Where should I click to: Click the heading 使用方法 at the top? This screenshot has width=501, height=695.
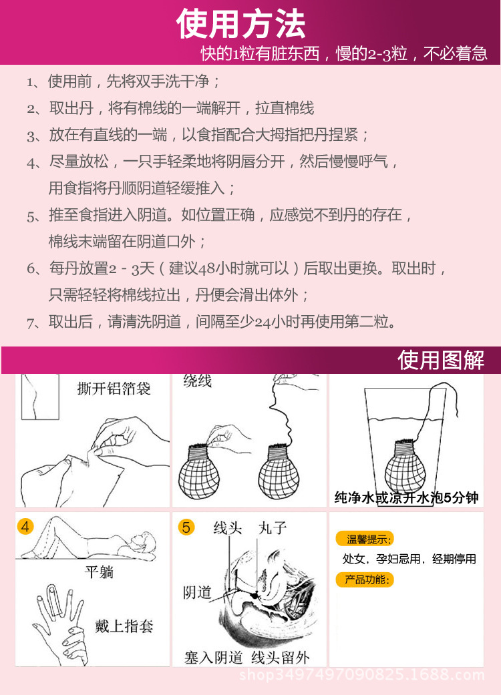click(x=242, y=24)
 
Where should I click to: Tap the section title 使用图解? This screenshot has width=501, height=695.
click(x=441, y=361)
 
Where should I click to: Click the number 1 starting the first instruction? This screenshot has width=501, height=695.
click(x=30, y=83)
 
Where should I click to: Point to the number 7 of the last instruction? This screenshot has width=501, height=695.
click(x=30, y=322)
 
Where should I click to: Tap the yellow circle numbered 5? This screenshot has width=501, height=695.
click(x=186, y=527)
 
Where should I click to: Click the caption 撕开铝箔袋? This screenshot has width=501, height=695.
click(x=114, y=389)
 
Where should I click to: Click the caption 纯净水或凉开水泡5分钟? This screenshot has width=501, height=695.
click(x=406, y=497)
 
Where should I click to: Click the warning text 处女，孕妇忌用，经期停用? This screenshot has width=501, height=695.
click(x=409, y=559)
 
